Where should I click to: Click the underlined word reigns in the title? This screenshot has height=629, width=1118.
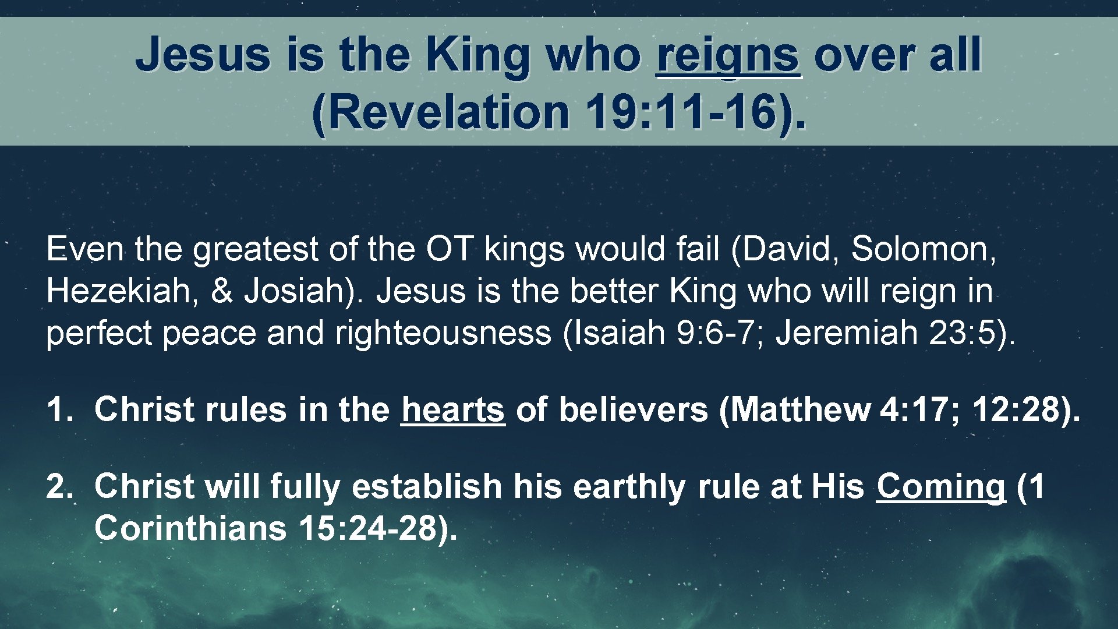728,55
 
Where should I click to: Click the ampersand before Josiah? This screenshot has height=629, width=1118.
221,291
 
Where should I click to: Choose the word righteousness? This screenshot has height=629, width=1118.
443,333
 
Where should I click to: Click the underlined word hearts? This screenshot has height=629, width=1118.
452,409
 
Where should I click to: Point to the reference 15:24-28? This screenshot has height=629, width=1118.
373,528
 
